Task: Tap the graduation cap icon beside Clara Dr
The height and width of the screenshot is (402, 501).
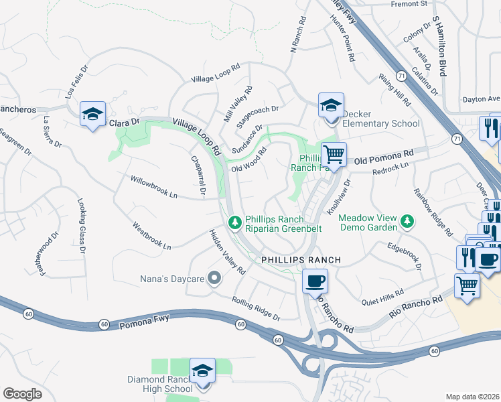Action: tap(92, 113)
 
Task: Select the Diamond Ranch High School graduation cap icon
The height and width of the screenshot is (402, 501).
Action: tap(202, 370)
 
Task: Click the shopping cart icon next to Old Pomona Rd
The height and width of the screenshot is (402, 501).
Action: tap(334, 154)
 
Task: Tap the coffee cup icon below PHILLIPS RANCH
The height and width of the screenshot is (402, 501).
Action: tap(314, 281)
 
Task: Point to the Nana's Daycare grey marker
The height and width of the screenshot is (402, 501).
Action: tap(214, 277)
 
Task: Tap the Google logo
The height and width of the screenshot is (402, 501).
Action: tap(23, 394)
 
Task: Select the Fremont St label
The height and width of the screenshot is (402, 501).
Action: tap(409, 4)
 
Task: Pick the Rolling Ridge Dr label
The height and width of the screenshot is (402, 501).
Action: tap(256, 308)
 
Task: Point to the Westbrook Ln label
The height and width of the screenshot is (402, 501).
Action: tap(151, 235)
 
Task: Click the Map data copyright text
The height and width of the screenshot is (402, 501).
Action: tap(472, 396)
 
